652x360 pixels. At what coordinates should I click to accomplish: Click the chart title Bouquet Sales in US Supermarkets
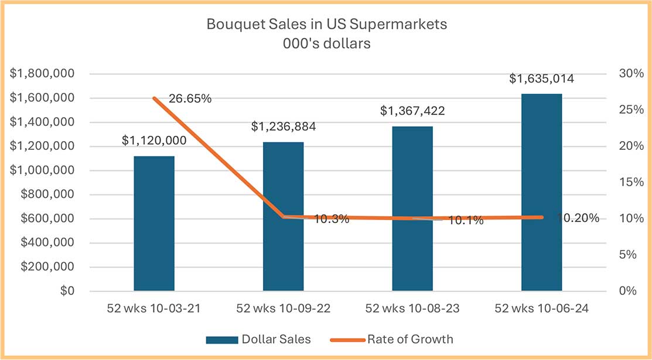click(x=326, y=25)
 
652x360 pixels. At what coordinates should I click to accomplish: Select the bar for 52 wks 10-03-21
click(x=154, y=223)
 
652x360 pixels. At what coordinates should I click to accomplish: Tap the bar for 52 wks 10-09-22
click(x=283, y=216)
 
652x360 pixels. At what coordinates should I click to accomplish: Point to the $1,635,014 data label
click(x=541, y=78)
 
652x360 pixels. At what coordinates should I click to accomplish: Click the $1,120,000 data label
click(x=154, y=140)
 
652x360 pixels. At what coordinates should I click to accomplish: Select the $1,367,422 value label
click(x=412, y=111)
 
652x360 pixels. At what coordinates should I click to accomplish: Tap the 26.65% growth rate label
click(x=190, y=98)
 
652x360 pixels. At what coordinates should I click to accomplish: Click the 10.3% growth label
click(x=332, y=220)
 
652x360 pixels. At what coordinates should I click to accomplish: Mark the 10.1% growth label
click(x=466, y=221)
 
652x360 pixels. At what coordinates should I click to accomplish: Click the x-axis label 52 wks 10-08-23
click(x=412, y=308)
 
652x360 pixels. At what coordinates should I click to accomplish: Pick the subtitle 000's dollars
click(x=326, y=44)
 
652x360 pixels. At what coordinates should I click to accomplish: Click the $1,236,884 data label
click(x=283, y=126)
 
